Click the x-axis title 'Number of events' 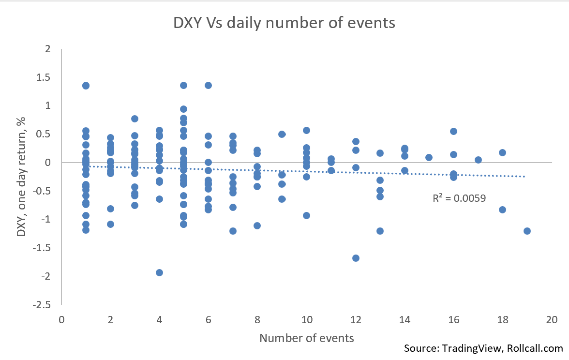pos(307,338)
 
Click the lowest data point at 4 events pos(159,272)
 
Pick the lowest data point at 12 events pos(356,258)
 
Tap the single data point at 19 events pos(527,231)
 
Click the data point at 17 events pos(478,160)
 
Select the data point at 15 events pos(429,157)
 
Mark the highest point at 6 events pos(208,85)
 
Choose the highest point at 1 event pos(86,86)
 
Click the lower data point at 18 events pos(502,210)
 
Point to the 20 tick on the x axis pos(551,320)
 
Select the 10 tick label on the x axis pos(306,320)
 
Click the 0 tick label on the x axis pos(61,320)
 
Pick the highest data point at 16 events pos(453,131)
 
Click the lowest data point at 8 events pos(257,225)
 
